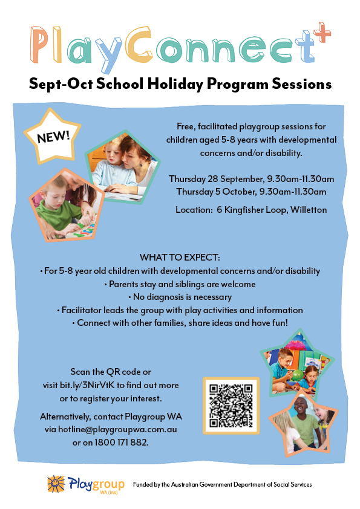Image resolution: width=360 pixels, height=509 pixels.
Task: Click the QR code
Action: click(x=231, y=406)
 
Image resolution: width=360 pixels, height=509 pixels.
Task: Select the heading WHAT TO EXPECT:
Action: click(x=180, y=257)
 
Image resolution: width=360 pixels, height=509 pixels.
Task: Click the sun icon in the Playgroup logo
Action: click(x=56, y=484)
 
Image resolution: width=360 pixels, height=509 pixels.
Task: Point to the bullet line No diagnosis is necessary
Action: click(x=180, y=297)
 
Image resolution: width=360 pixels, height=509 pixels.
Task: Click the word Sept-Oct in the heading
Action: click(x=57, y=84)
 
